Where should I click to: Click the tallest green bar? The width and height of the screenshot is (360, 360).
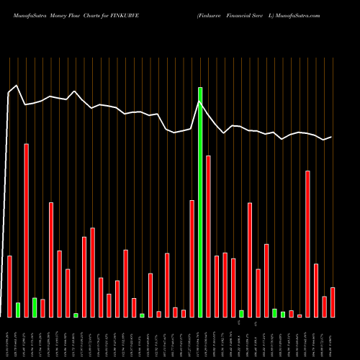(x=200, y=202)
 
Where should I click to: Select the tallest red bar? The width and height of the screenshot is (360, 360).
(x=27, y=230)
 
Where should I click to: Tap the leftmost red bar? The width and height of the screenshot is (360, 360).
(x=10, y=287)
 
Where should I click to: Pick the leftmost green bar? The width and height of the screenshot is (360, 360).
(x=18, y=310)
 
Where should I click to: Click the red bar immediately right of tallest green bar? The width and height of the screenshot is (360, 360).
(x=208, y=236)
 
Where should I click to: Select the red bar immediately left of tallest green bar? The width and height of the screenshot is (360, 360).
(x=192, y=258)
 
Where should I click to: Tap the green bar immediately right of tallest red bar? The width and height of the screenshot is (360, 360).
(x=35, y=307)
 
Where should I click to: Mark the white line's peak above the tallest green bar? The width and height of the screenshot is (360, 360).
(x=200, y=102)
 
